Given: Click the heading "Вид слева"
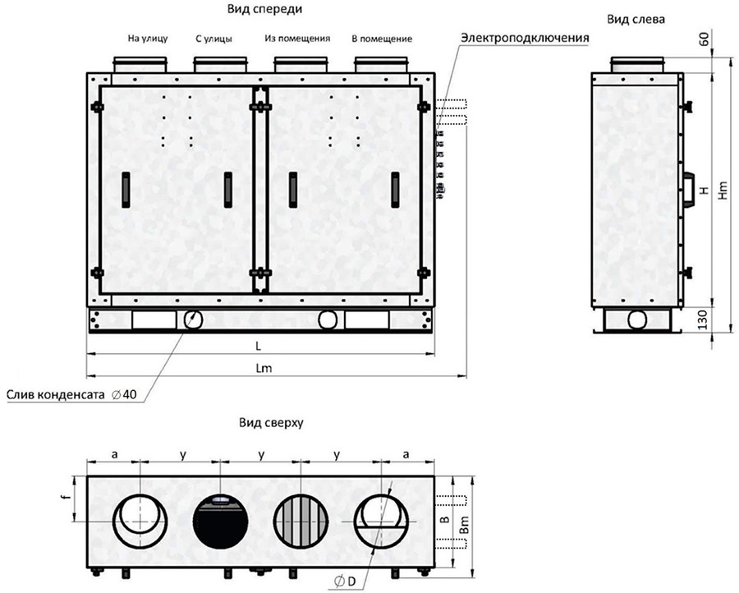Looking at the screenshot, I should [x=636, y=17].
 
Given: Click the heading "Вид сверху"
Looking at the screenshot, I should [x=272, y=425].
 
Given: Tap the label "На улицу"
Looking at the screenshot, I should [x=147, y=38].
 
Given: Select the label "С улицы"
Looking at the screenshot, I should [x=213, y=38].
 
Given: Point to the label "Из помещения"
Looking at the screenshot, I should [x=297, y=38].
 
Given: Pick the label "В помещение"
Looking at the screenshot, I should [x=382, y=38].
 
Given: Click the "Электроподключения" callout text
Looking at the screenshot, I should [x=526, y=39].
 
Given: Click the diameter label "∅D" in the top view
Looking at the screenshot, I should [x=345, y=582].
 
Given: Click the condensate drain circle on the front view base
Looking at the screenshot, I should [x=195, y=319].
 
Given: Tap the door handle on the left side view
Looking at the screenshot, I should [x=688, y=188].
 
